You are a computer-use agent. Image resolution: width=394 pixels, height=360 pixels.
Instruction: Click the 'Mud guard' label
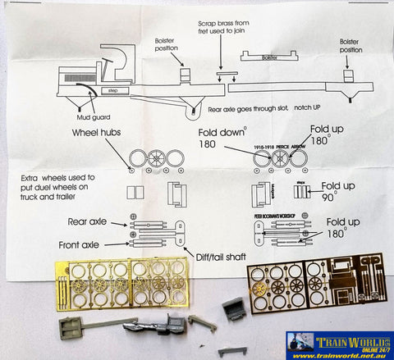[91, 105]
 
